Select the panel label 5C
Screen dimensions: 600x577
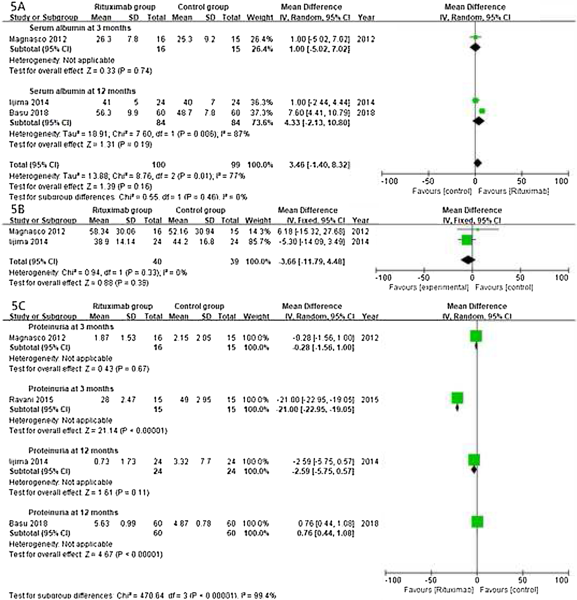pyautogui.click(x=18, y=306)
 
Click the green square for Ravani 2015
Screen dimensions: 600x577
pyautogui.click(x=457, y=398)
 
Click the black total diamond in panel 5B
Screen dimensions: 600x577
pyautogui.click(x=468, y=260)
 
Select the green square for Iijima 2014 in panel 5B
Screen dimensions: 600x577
pyautogui.click(x=466, y=240)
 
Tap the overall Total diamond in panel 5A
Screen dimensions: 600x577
pyautogui.click(x=478, y=163)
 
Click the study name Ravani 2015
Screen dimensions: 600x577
pyautogui.click(x=31, y=400)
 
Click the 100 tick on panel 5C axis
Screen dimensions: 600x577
pyautogui.click(x=561, y=580)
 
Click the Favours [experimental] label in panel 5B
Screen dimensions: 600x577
pyautogui.click(x=429, y=288)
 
